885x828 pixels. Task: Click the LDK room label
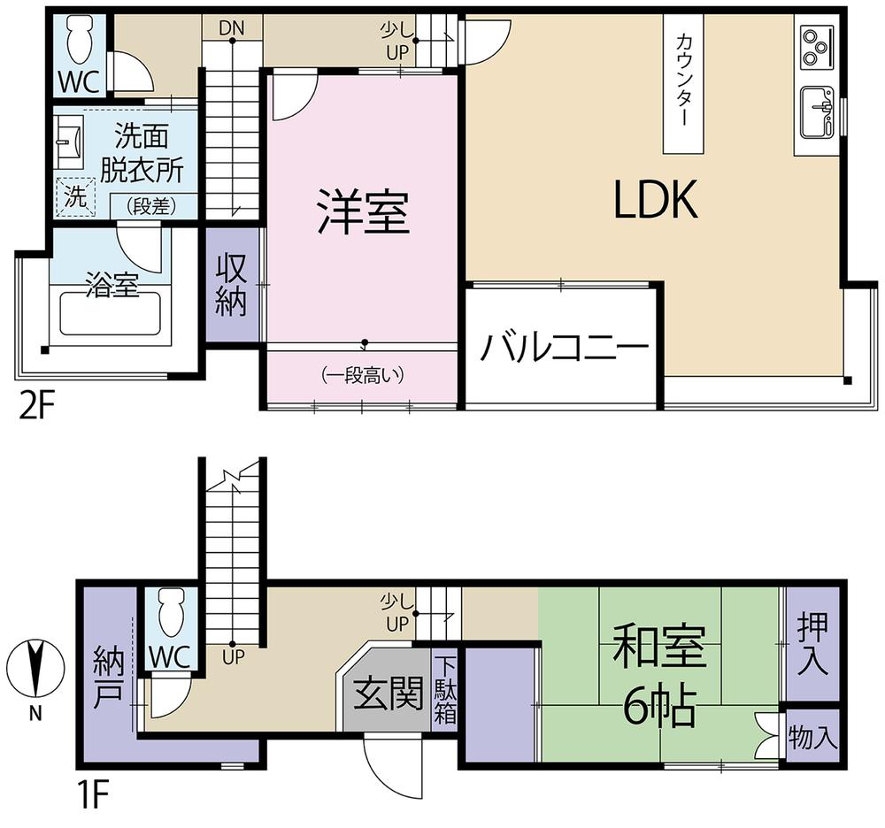coord(656,199)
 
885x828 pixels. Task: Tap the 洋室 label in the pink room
coord(364,211)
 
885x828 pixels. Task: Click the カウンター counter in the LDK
coord(683,83)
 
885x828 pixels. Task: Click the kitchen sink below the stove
coord(817,111)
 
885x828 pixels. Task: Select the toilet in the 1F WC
coord(170,612)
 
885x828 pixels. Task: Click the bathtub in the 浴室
coord(111,313)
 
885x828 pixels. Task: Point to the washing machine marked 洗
coord(75,196)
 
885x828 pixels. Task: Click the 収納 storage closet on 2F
coord(231,284)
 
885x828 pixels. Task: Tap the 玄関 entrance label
coord(389,693)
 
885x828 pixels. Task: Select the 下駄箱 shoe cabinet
coord(445,690)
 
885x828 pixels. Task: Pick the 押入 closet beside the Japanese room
coord(812,644)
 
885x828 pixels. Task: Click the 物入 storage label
coord(812,737)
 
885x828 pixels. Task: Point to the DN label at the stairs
coord(232,28)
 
